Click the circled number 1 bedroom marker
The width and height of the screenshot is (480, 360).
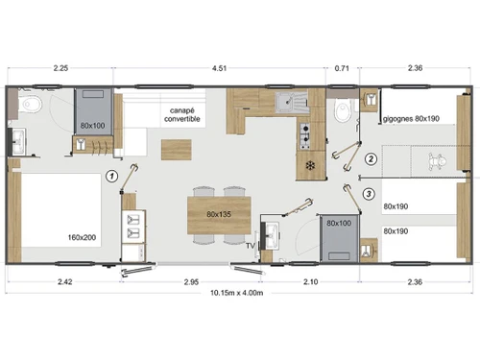(112, 176)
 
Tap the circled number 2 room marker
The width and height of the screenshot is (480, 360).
(371, 158)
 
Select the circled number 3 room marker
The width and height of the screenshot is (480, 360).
(369, 194)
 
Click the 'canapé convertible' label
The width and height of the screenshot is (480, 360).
(181, 114)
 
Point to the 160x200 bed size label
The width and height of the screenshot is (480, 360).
(82, 237)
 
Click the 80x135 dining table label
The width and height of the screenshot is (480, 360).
(219, 214)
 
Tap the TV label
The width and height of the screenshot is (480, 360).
(251, 246)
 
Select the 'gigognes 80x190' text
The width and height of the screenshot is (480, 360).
(411, 119)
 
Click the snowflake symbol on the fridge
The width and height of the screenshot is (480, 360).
(310, 166)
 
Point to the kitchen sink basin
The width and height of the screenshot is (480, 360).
(284, 102)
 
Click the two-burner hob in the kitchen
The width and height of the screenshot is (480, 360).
(305, 135)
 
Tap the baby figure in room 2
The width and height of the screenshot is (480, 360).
(437, 160)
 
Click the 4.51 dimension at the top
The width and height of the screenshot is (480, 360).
(219, 68)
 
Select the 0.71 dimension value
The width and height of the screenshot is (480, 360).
(342, 68)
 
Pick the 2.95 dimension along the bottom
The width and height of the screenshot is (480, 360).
(191, 282)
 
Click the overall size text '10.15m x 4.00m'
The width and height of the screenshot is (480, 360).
(237, 293)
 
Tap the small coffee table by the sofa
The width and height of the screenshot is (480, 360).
(177, 150)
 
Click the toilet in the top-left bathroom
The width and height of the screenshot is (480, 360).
(30, 104)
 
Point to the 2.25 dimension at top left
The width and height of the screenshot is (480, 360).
(60, 68)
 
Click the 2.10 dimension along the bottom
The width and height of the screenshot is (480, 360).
(310, 282)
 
